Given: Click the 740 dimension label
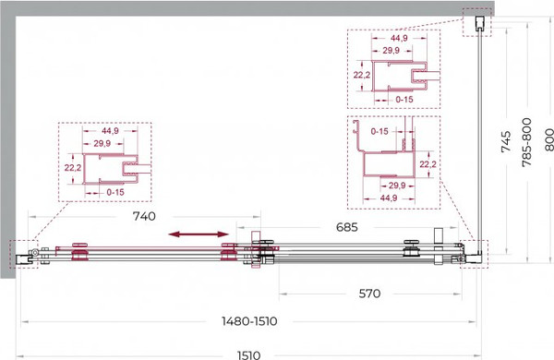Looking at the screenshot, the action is point(144,216).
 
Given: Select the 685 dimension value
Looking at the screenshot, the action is point(346,227).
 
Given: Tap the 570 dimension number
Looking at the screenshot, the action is point(369,294).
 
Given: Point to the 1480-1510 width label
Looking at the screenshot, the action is point(249,321).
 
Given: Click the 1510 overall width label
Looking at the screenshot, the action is point(248,355).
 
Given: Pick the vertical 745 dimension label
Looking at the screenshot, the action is point(506,141).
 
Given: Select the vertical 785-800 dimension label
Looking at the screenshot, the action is point(526,142).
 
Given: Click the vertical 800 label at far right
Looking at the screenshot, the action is point(548,139).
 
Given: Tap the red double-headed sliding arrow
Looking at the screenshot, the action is point(199,234).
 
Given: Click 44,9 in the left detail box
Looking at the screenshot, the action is point(110,131).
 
